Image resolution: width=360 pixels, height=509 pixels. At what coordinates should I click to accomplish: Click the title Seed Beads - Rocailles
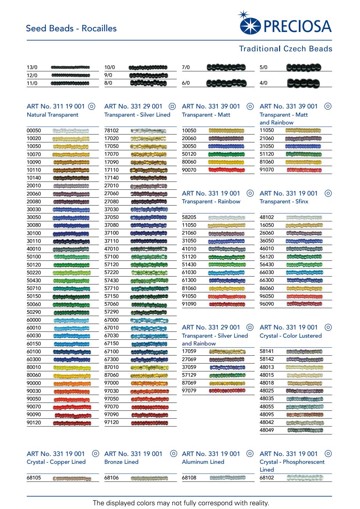click(x=71, y=28)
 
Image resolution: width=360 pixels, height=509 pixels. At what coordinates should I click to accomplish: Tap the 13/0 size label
click(x=32, y=67)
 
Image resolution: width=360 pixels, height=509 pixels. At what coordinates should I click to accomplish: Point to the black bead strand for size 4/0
click(x=303, y=83)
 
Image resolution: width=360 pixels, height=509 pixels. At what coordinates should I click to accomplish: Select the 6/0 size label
click(x=186, y=83)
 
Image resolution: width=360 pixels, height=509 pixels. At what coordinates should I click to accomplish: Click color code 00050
click(x=34, y=131)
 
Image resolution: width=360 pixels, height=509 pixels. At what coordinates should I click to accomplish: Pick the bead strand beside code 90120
click(x=72, y=423)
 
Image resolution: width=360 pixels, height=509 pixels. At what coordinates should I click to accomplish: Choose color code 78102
click(x=112, y=131)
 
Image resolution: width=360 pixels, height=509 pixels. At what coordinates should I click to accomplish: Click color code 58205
click(x=189, y=217)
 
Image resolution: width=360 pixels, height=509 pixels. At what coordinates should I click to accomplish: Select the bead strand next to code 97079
click(x=227, y=391)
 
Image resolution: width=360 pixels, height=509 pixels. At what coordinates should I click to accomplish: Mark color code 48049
click(x=267, y=430)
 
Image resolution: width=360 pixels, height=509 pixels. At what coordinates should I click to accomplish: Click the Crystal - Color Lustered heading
click(x=290, y=336)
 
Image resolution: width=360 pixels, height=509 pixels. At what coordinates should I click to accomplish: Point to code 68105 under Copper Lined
click(x=34, y=478)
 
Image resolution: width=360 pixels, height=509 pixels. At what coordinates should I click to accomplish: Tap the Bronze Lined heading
click(x=121, y=462)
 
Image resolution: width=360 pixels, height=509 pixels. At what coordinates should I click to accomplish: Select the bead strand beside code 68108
click(x=227, y=478)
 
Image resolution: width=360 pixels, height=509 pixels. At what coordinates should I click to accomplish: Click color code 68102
click(x=267, y=478)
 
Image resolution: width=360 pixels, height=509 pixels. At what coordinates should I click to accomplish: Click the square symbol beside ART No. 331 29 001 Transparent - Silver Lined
click(x=172, y=106)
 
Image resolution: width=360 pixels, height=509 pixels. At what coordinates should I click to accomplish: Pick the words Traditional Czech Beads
click(x=286, y=49)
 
